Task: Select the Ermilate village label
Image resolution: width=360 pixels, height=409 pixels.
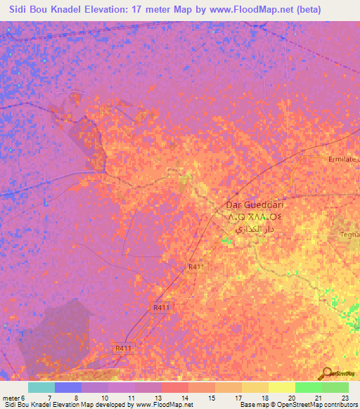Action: (343, 160)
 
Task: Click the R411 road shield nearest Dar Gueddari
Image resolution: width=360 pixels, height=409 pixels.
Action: (196, 267)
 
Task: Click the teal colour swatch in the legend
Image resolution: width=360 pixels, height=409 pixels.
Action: (41, 387)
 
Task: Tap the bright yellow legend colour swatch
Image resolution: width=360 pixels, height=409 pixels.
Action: (281, 387)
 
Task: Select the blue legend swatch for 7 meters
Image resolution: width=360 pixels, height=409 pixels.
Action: (67, 387)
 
